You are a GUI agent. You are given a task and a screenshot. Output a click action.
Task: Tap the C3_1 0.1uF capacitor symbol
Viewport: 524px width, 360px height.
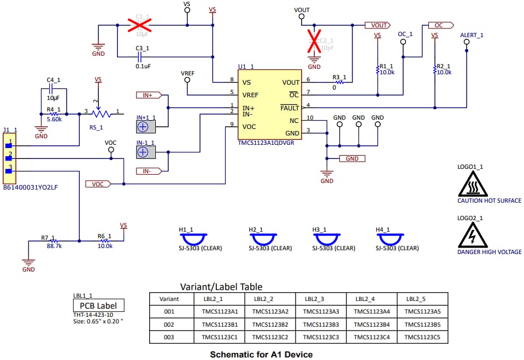point(140,56)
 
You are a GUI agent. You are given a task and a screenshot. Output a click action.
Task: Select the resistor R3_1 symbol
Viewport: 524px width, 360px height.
point(340,82)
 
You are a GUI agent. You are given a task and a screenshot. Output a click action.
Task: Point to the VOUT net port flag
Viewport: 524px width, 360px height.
point(377,25)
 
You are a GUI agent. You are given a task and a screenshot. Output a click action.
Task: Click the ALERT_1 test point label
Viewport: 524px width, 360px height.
point(472,34)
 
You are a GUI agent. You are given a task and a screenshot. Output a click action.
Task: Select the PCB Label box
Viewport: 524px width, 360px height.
point(98,306)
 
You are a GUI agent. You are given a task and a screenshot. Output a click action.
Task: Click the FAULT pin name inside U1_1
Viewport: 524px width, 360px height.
point(290,108)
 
